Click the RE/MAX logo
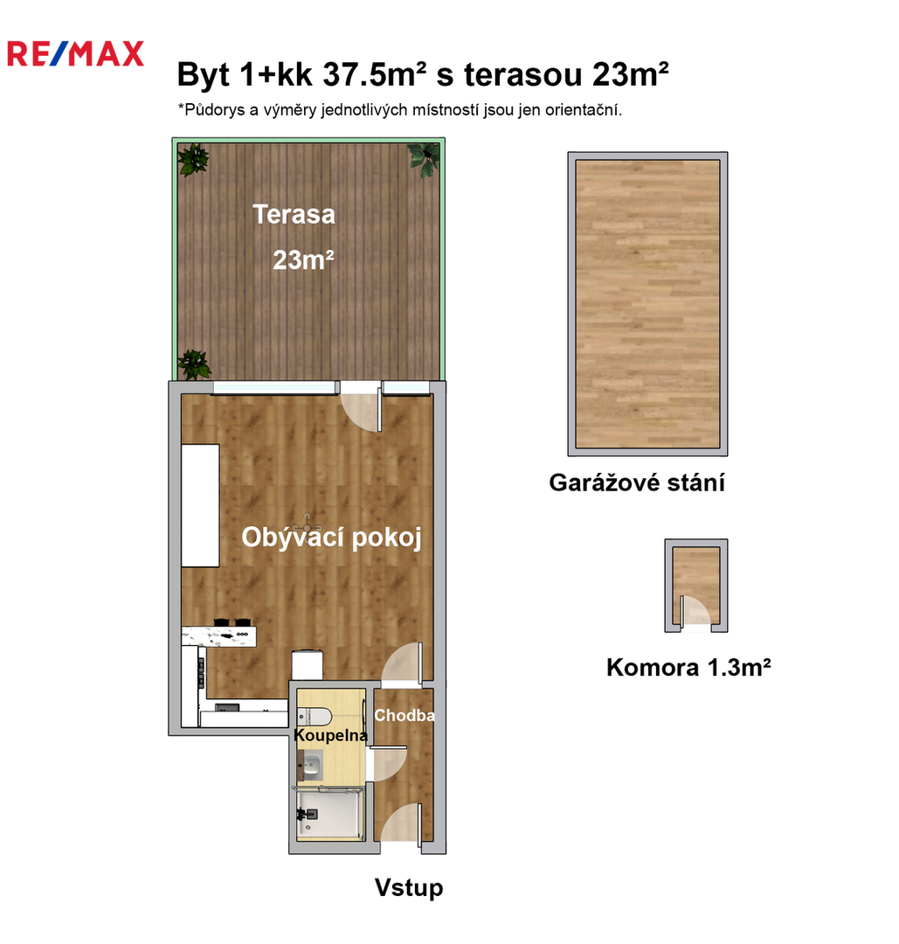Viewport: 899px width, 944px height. tap(75, 53)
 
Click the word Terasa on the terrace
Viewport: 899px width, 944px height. tap(294, 214)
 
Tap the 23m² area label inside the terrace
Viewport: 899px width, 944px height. tap(303, 260)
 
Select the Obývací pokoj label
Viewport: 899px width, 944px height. tap(331, 537)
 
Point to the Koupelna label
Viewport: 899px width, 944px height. tap(330, 735)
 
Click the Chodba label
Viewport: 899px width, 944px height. tap(405, 715)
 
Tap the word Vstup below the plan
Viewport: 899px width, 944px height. tap(409, 887)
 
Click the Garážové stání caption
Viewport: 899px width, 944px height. tap(637, 482)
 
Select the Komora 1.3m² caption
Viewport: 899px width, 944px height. tap(688, 667)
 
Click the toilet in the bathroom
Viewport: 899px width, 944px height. tap(315, 717)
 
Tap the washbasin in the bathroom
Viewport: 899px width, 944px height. tap(310, 765)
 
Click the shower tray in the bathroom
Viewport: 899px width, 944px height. tap(329, 814)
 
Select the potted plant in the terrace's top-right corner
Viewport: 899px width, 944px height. tap(425, 160)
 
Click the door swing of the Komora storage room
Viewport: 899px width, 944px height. tap(695, 610)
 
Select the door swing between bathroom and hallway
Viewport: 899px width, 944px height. tap(388, 763)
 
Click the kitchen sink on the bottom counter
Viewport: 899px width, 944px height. tap(227, 707)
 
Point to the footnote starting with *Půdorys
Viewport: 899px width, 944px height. tap(399, 110)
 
